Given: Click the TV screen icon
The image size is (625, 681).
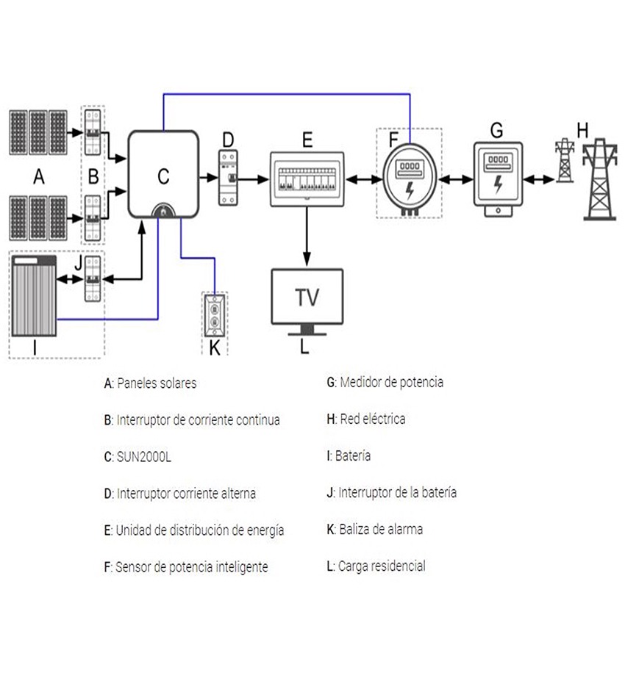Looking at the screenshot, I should pyautogui.click(x=307, y=297).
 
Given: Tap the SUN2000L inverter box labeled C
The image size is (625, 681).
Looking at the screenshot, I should pyautogui.click(x=163, y=175).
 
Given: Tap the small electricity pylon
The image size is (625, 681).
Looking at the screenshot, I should pyautogui.click(x=564, y=161).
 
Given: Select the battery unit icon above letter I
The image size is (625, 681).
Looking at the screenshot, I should pyautogui.click(x=35, y=295).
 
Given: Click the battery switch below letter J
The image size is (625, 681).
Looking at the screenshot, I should pyautogui.click(x=93, y=278).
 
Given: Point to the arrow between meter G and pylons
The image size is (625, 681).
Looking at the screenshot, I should pyautogui.click(x=538, y=178).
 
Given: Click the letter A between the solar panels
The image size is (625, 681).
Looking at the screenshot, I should pyautogui.click(x=38, y=176).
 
